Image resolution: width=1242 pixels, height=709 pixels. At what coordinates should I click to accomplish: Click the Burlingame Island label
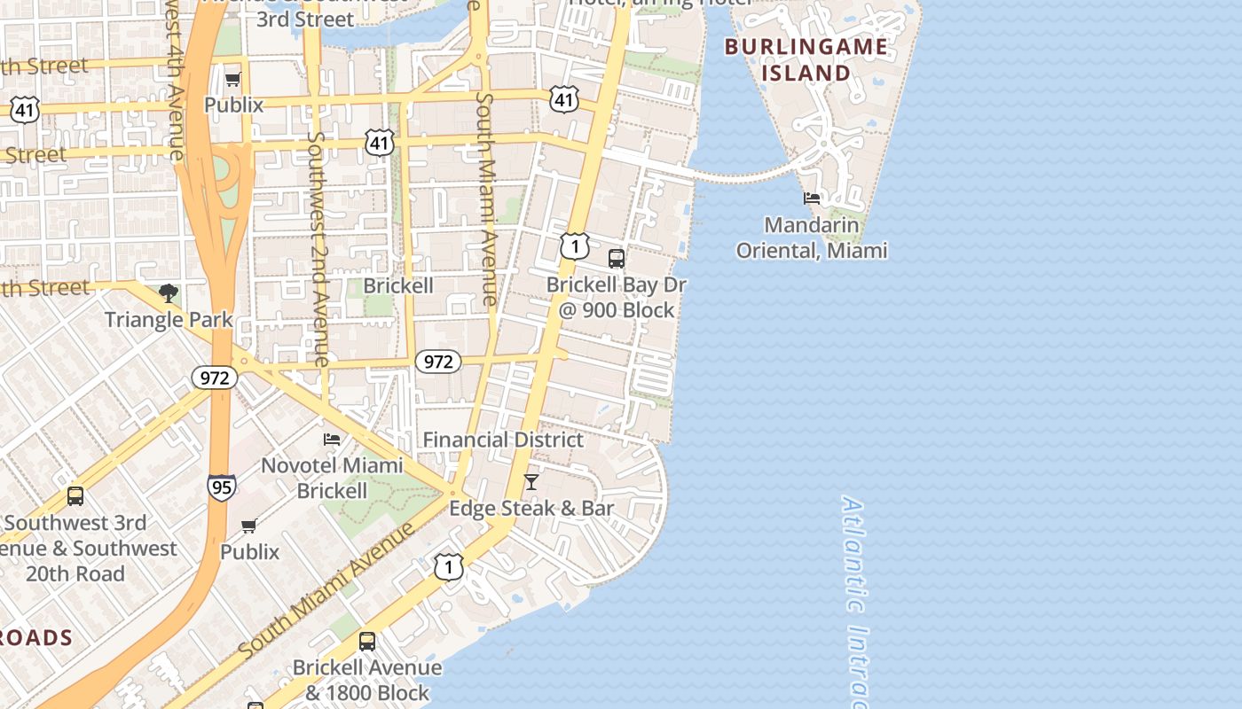[x=806, y=59]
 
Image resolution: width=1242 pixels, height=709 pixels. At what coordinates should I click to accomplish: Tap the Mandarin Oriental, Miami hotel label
[x=811, y=238]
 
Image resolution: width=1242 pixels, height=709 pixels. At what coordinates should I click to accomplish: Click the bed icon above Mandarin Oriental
[x=811, y=198]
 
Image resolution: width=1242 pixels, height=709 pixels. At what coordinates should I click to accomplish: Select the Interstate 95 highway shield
[x=222, y=487]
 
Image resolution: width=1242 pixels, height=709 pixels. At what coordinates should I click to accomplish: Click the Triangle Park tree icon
[x=168, y=293]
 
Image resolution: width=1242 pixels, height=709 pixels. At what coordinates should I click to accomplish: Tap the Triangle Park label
[x=169, y=320]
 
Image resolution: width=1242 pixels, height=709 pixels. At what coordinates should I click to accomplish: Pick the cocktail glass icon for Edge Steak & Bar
[x=531, y=482]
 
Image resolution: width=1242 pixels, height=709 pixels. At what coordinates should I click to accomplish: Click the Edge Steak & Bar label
[x=531, y=509]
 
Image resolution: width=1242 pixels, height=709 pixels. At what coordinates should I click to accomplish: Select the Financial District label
[x=503, y=440]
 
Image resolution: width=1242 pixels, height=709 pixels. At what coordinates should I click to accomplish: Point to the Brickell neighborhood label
[x=398, y=285]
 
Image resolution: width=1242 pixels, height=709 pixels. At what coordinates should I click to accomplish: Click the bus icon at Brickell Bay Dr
[x=616, y=259]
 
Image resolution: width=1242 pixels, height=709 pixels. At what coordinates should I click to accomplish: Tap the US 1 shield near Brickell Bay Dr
[x=575, y=245]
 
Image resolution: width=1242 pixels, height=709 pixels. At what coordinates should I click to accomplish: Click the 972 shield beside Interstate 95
[x=214, y=378]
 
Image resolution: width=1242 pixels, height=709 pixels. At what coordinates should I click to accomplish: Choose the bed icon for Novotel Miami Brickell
[x=332, y=439]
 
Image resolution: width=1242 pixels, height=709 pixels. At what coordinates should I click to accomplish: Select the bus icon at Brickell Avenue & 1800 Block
[x=366, y=641]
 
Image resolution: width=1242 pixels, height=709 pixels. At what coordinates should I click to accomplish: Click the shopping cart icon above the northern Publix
[x=233, y=80]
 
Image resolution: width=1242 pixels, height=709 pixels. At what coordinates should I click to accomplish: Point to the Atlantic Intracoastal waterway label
[x=854, y=603]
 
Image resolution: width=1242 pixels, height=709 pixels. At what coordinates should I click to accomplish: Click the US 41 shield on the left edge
[x=25, y=111]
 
